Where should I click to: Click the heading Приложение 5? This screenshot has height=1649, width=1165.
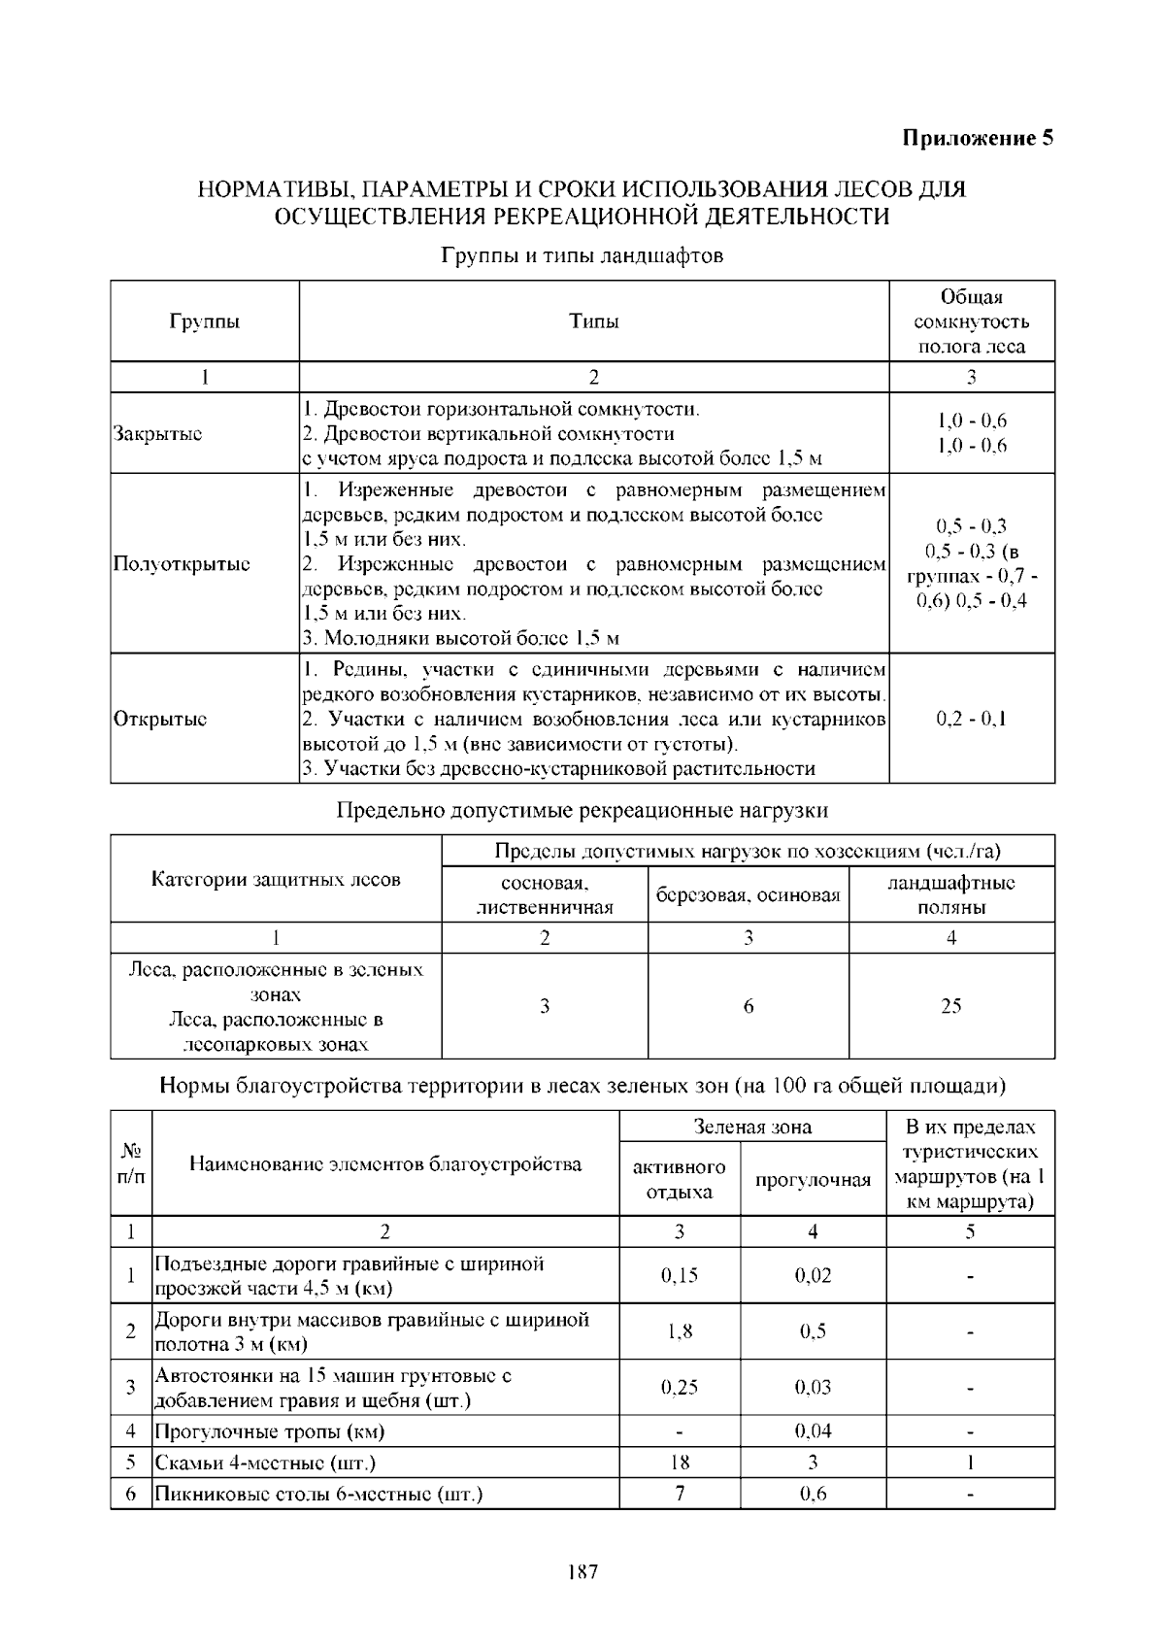tap(978, 138)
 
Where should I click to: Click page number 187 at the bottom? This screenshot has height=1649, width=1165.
tap(582, 1571)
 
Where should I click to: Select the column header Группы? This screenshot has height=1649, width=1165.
tap(205, 321)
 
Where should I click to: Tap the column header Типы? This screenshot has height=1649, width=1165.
tap(594, 321)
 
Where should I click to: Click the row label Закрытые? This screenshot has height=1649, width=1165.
tap(158, 434)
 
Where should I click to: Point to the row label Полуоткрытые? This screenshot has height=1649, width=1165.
tap(182, 564)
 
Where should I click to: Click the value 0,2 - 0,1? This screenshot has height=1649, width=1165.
tap(971, 720)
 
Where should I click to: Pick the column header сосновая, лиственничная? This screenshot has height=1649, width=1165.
tap(545, 895)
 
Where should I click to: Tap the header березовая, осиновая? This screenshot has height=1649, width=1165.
tap(748, 895)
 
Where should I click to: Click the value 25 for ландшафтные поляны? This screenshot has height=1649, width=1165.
tap(950, 1006)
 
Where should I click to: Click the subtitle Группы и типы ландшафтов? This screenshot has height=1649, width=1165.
tap(582, 257)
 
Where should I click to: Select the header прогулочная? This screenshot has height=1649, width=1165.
tap(813, 1180)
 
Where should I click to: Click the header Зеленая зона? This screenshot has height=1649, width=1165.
tap(752, 1127)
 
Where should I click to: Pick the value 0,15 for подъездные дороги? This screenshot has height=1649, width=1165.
tap(680, 1275)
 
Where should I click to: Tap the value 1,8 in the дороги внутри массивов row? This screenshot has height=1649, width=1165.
tap(680, 1331)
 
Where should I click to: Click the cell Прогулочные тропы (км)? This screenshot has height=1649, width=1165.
tap(270, 1431)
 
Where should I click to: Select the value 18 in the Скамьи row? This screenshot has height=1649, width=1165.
tap(680, 1463)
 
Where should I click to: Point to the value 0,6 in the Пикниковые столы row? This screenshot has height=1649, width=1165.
tap(813, 1494)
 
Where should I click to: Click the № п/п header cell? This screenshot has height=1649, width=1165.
tap(131, 1163)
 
